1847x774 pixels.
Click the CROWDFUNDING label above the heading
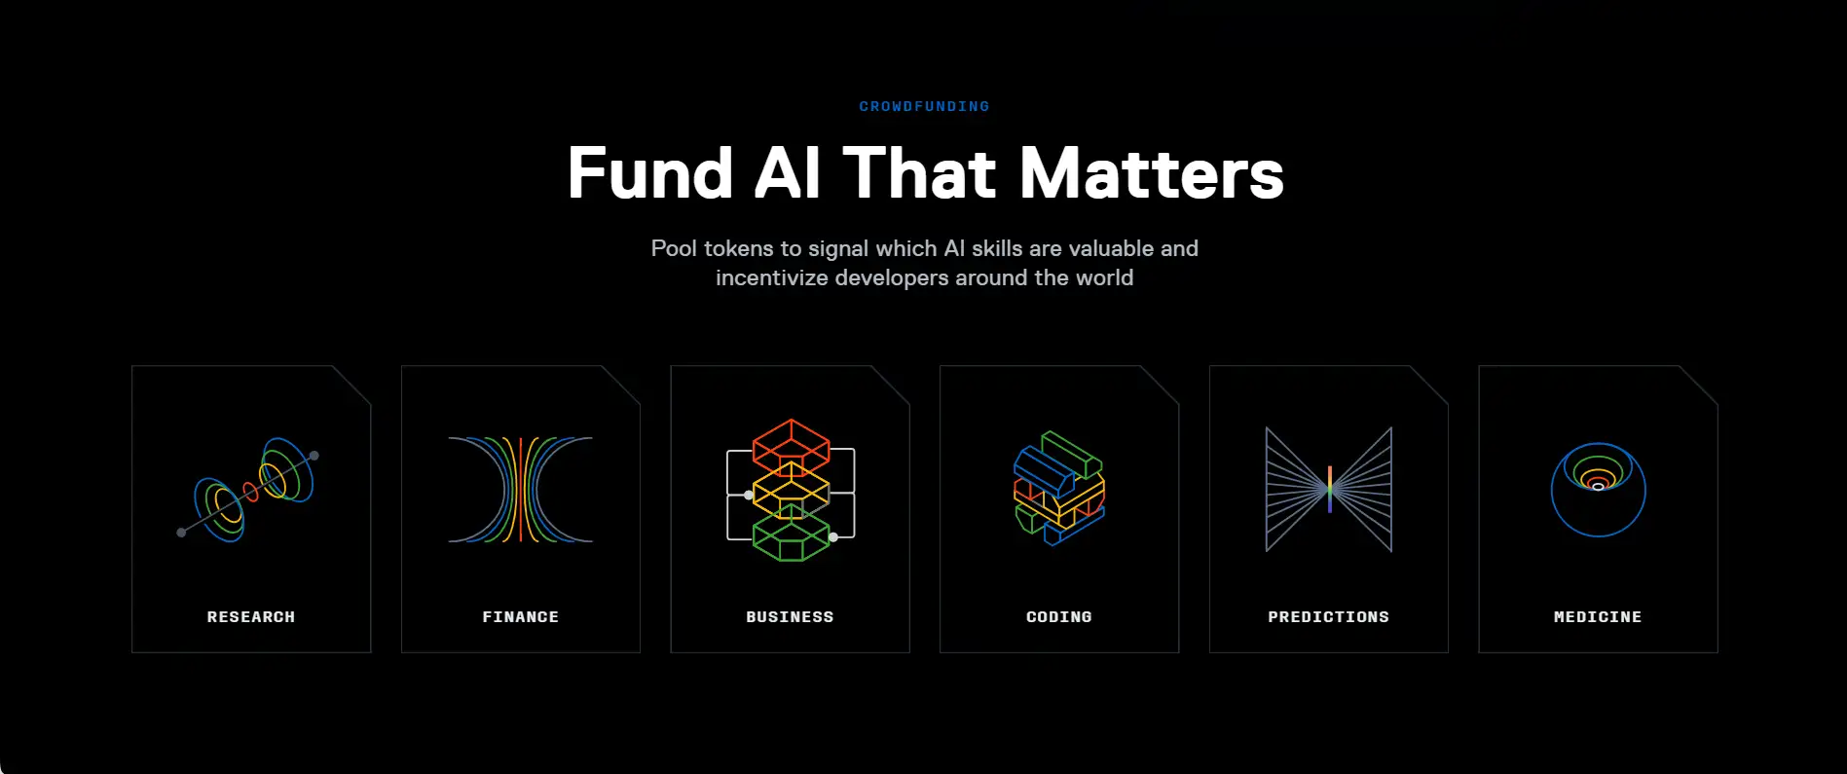coord(924,106)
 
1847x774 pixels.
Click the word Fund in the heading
coord(650,174)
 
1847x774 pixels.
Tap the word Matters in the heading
coord(1152,174)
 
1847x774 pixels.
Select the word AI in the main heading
coord(787,173)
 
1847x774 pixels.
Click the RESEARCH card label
coord(251,617)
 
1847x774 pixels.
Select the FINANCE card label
coord(521,617)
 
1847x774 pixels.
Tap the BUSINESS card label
coord(790,617)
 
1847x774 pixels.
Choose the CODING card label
coord(1059,617)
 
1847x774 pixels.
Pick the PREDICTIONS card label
coord(1329,617)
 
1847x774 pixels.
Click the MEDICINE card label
coord(1598,617)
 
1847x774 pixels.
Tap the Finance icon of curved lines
coord(521,490)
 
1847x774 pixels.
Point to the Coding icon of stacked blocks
coord(1059,488)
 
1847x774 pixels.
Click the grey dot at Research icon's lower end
coord(181,533)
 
